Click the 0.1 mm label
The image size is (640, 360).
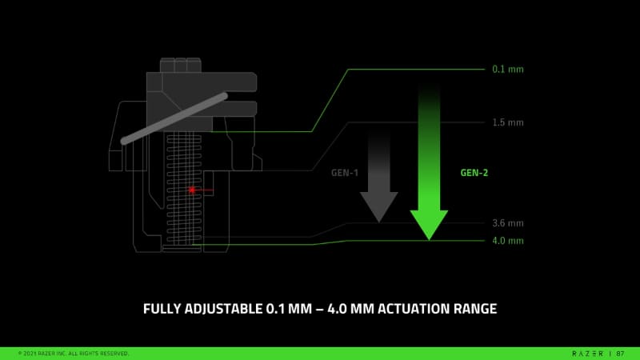click(508, 70)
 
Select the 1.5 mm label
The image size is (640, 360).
click(508, 122)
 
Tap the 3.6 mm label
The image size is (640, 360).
click(508, 223)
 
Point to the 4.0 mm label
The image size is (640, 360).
click(508, 241)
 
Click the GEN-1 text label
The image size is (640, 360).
click(345, 173)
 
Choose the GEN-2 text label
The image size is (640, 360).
click(474, 173)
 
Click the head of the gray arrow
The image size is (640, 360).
click(378, 207)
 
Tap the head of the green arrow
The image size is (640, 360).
click(429, 225)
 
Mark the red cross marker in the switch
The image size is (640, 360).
click(192, 190)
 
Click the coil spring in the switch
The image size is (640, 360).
click(184, 189)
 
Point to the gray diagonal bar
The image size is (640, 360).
click(174, 118)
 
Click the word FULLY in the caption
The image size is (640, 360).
click(162, 309)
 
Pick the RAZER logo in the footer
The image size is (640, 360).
click(588, 354)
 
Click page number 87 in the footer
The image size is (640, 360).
click(621, 354)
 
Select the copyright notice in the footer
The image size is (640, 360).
click(74, 354)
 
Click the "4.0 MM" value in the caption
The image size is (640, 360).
click(350, 309)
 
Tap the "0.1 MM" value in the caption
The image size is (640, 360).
click(289, 309)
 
